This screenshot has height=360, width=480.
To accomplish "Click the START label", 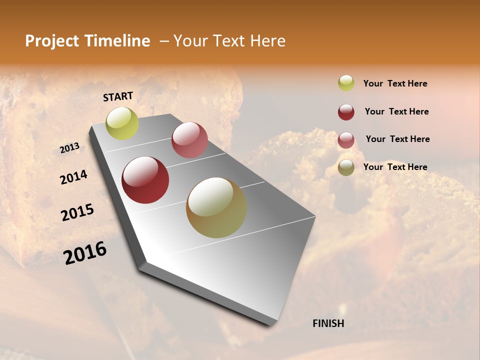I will [x=118, y=96].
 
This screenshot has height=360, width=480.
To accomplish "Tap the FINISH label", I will [x=328, y=323].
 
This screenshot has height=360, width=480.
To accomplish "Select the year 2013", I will [x=70, y=148].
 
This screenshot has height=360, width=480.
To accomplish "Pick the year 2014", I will [x=73, y=177].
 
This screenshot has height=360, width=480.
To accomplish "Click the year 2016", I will [x=85, y=253].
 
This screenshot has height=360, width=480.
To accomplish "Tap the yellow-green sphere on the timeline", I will [x=122, y=123].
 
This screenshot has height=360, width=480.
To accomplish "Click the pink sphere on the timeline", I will [x=189, y=140].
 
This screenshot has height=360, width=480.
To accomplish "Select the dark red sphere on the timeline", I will [x=145, y=180].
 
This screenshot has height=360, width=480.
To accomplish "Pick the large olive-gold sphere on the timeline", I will [x=216, y=207].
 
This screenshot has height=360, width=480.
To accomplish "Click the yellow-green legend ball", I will [x=346, y=83].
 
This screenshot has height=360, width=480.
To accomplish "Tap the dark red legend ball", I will [x=346, y=112].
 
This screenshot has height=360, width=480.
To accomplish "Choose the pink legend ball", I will [x=346, y=140].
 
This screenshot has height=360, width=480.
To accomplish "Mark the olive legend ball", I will [x=346, y=167].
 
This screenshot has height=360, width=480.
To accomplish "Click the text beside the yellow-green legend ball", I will [x=395, y=84].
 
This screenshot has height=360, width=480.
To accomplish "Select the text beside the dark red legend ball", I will [x=396, y=111].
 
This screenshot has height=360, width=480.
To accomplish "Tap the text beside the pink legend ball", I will [x=397, y=139].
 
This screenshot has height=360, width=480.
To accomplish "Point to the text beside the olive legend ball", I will [x=395, y=167].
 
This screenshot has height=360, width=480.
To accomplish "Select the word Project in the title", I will [x=52, y=41].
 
